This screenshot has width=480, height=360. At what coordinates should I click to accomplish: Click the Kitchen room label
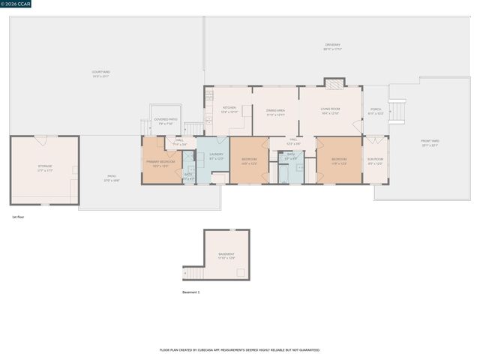click(x=229, y=109)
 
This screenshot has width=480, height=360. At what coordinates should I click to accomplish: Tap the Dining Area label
click(x=275, y=112)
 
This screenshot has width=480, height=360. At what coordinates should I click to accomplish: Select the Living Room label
click(x=331, y=111)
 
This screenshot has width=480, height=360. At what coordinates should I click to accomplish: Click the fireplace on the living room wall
click(x=333, y=82)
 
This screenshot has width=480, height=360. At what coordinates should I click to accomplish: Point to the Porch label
click(x=376, y=111)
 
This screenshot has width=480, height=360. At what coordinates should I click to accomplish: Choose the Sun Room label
click(x=375, y=161)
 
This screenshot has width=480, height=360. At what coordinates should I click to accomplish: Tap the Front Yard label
click(x=430, y=142)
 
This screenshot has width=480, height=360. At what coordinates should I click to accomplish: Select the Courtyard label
click(x=100, y=73)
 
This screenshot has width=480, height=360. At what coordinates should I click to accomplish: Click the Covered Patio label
click(x=166, y=121)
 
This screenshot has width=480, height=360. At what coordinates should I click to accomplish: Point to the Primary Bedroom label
click(x=160, y=163)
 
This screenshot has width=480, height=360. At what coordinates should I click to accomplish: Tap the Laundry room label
click(x=216, y=157)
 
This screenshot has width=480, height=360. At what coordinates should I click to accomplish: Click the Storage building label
click(x=45, y=168)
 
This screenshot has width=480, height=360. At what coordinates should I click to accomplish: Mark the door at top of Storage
click(x=40, y=139)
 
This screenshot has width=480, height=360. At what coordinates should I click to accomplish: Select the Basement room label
click(x=226, y=256)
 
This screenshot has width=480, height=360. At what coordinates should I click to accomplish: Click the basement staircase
click(x=194, y=273)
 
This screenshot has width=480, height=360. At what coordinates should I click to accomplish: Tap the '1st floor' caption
click(x=19, y=217)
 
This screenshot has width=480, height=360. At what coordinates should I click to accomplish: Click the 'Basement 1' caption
click(x=191, y=292)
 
